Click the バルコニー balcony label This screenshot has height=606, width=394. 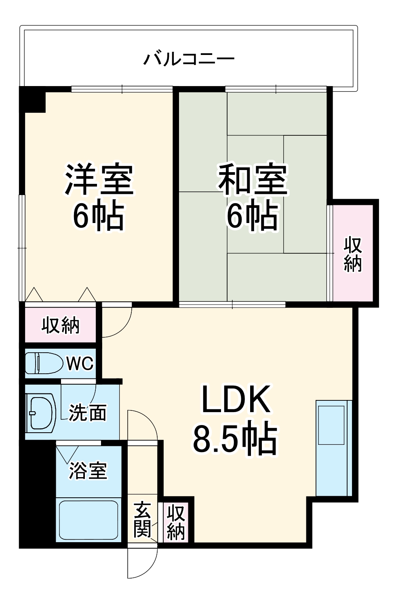tap(189, 59)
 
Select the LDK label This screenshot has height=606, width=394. tap(236, 400)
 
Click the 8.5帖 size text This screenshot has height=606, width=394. tap(235, 438)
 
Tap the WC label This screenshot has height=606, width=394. tap(80, 364)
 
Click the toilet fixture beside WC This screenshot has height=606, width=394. tap(44, 363)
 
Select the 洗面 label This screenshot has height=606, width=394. tap(88, 413)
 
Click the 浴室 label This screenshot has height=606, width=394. tap(88, 470)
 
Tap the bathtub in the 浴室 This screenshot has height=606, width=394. tap(88, 519)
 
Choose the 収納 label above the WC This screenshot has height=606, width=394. tap(61, 325)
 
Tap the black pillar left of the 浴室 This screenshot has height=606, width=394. tap(37, 493)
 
